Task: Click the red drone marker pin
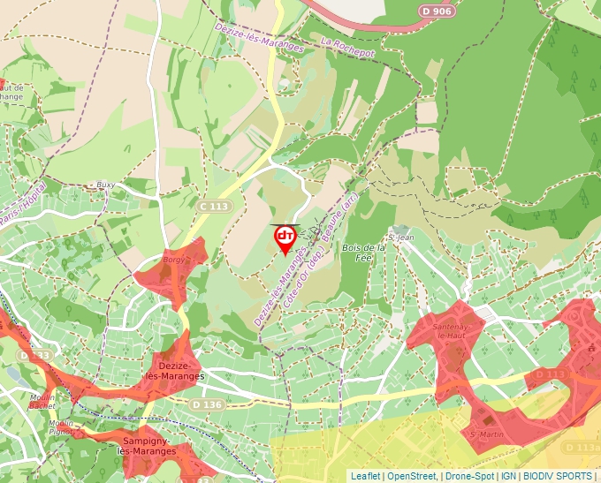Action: [285, 238]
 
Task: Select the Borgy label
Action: [174, 261]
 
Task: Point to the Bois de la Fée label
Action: [363, 253]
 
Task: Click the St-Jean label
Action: [401, 237]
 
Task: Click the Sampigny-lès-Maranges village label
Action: [146, 444]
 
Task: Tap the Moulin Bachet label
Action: [42, 401]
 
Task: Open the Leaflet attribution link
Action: [365, 476]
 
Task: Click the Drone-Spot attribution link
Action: [469, 476]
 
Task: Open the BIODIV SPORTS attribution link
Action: [558, 476]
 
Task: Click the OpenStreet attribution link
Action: [412, 476]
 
